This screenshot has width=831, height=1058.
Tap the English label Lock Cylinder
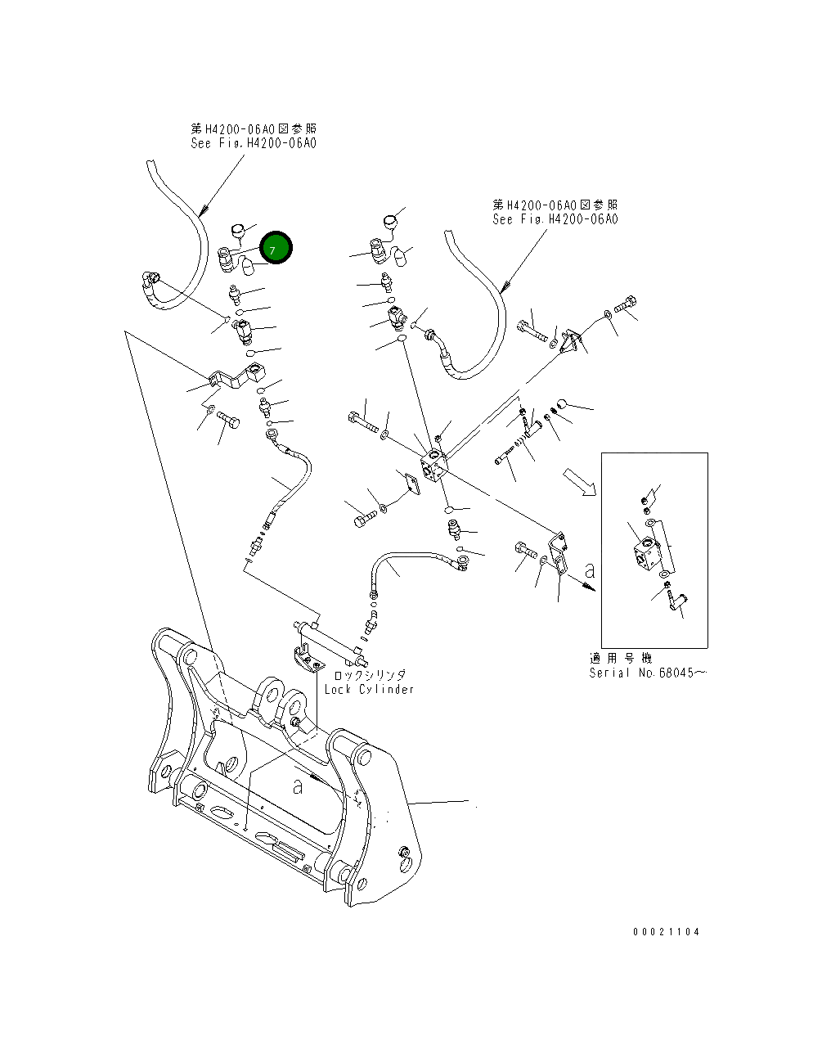coord(369,689)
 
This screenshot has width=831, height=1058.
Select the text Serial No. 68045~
coord(648,673)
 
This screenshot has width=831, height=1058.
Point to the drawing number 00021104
coord(666,931)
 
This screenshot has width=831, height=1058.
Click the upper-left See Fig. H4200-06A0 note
coord(253,142)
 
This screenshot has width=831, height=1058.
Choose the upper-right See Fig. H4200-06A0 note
coord(555,218)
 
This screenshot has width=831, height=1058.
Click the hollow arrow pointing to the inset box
coord(579,482)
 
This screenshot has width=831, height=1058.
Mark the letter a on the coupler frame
coord(298,786)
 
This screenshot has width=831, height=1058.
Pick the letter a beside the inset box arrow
coord(589,567)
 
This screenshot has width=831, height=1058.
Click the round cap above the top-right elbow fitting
coord(390,221)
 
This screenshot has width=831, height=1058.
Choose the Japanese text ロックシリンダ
coord(369,675)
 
